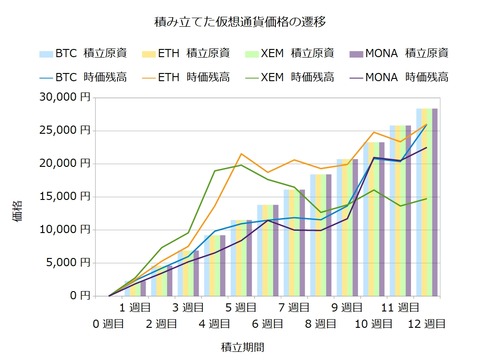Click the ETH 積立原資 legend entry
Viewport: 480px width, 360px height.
pyautogui.click(x=193, y=53)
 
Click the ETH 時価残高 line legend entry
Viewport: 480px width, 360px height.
pyautogui.click(x=193, y=76)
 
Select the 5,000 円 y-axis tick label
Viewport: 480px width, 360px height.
pyautogui.click(x=65, y=262)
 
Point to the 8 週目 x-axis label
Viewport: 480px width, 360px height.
pyautogui.click(x=321, y=324)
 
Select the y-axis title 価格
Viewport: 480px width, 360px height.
pyautogui.click(x=19, y=196)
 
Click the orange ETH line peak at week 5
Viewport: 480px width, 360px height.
pyautogui.click(x=241, y=154)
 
